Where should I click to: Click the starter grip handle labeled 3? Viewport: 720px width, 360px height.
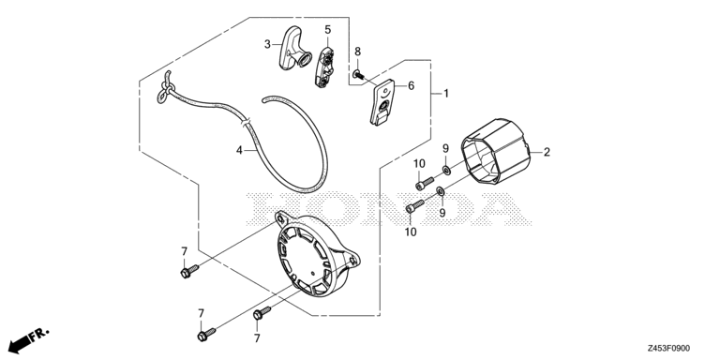[292, 50]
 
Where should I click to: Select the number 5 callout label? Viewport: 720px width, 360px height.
[327, 30]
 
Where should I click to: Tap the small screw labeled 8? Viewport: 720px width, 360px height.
[358, 74]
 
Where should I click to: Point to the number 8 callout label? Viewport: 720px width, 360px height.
[358, 52]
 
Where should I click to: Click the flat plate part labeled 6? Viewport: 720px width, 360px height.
[382, 102]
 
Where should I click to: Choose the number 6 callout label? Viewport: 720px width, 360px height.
[411, 86]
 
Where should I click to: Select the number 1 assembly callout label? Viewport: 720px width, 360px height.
[446, 94]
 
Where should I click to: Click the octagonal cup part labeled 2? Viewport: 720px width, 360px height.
[495, 151]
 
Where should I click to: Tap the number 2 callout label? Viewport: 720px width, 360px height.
[547, 152]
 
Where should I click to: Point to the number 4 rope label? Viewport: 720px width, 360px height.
[239, 150]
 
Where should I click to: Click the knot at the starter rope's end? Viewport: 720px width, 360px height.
[165, 88]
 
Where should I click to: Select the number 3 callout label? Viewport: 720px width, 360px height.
[267, 45]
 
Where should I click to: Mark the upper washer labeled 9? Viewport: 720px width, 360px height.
[446, 171]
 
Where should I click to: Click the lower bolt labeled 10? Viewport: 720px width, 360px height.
[415, 206]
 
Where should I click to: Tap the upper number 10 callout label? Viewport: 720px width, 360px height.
[419, 163]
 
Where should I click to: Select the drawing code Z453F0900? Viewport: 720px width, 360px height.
[668, 349]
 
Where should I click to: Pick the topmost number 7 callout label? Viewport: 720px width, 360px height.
[184, 251]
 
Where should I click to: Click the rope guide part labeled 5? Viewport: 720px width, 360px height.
[324, 67]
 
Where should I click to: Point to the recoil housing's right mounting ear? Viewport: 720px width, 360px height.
[352, 261]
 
